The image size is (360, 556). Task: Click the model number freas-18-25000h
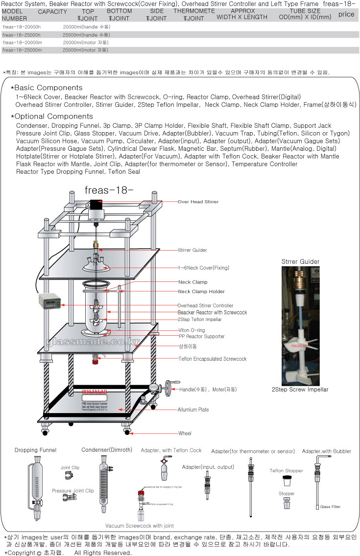pos(22,35)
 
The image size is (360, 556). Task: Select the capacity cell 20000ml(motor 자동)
pos(86,43)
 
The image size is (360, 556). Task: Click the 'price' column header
pos(346,14)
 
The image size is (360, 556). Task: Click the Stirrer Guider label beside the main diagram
pos(192,250)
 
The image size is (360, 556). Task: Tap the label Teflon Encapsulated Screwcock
pos(213,359)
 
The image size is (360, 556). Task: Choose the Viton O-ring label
pos(192,330)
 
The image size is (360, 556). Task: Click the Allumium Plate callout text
pos(193,410)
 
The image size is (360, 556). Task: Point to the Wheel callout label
pos(185,433)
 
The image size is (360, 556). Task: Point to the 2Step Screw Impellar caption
pos(300,390)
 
